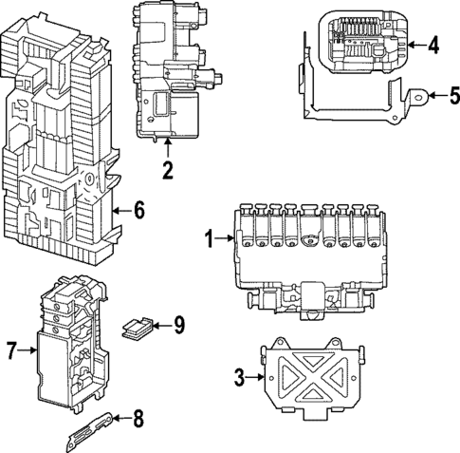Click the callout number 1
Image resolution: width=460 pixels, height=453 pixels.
[211, 239]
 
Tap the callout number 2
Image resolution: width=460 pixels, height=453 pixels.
[167, 171]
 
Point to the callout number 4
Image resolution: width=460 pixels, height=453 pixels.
[433, 44]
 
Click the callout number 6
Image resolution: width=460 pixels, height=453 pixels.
[138, 211]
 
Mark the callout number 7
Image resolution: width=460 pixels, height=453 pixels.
[12, 351]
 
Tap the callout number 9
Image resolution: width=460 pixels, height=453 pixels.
[178, 326]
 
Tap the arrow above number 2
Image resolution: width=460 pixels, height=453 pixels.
[167, 148]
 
